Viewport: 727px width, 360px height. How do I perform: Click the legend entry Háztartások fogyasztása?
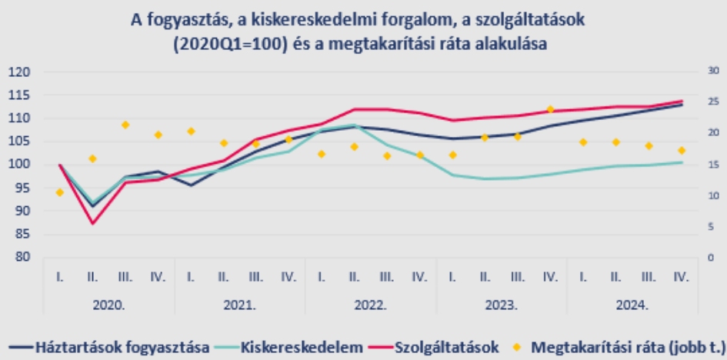click(x=121, y=346)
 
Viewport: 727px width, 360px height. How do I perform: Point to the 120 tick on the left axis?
click(x=19, y=72)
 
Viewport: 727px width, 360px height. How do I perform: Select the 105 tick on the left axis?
click(x=19, y=142)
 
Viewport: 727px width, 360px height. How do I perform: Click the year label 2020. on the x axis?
click(x=108, y=304)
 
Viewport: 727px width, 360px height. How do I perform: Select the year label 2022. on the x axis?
click(x=370, y=304)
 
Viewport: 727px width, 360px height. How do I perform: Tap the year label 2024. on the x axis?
click(x=632, y=304)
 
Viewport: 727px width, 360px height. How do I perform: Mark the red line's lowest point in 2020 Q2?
click(x=93, y=223)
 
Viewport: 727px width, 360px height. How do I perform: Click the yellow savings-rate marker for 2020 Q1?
click(x=60, y=192)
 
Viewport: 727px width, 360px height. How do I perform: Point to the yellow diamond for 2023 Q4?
click(x=550, y=110)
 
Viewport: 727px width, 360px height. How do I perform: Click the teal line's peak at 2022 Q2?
click(x=353, y=125)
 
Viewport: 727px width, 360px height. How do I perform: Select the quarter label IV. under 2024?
click(x=681, y=276)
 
